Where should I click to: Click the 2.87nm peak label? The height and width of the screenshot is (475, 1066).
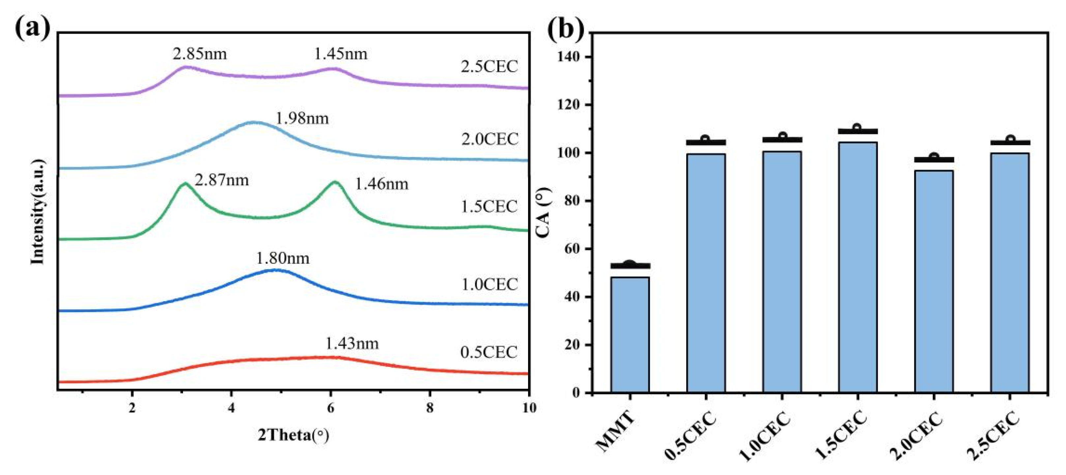click(222, 180)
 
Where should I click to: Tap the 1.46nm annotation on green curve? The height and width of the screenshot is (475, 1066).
click(382, 184)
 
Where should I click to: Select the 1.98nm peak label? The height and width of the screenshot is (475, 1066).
click(302, 119)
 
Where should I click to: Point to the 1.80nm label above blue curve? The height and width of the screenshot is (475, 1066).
click(282, 258)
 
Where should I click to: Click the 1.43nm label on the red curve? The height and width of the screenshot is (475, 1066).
click(352, 344)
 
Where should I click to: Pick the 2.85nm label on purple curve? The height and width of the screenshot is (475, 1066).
click(200, 54)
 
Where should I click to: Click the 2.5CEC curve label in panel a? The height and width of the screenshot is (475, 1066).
click(489, 67)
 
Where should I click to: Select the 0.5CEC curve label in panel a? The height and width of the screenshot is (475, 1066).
click(489, 352)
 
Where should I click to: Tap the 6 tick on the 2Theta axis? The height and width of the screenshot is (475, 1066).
click(330, 408)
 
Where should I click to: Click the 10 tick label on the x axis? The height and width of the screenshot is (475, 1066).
click(528, 408)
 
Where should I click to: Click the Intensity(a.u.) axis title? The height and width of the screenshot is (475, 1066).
click(38, 211)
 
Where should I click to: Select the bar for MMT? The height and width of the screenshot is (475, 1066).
click(630, 334)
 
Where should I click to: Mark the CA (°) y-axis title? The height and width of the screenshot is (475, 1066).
click(544, 212)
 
